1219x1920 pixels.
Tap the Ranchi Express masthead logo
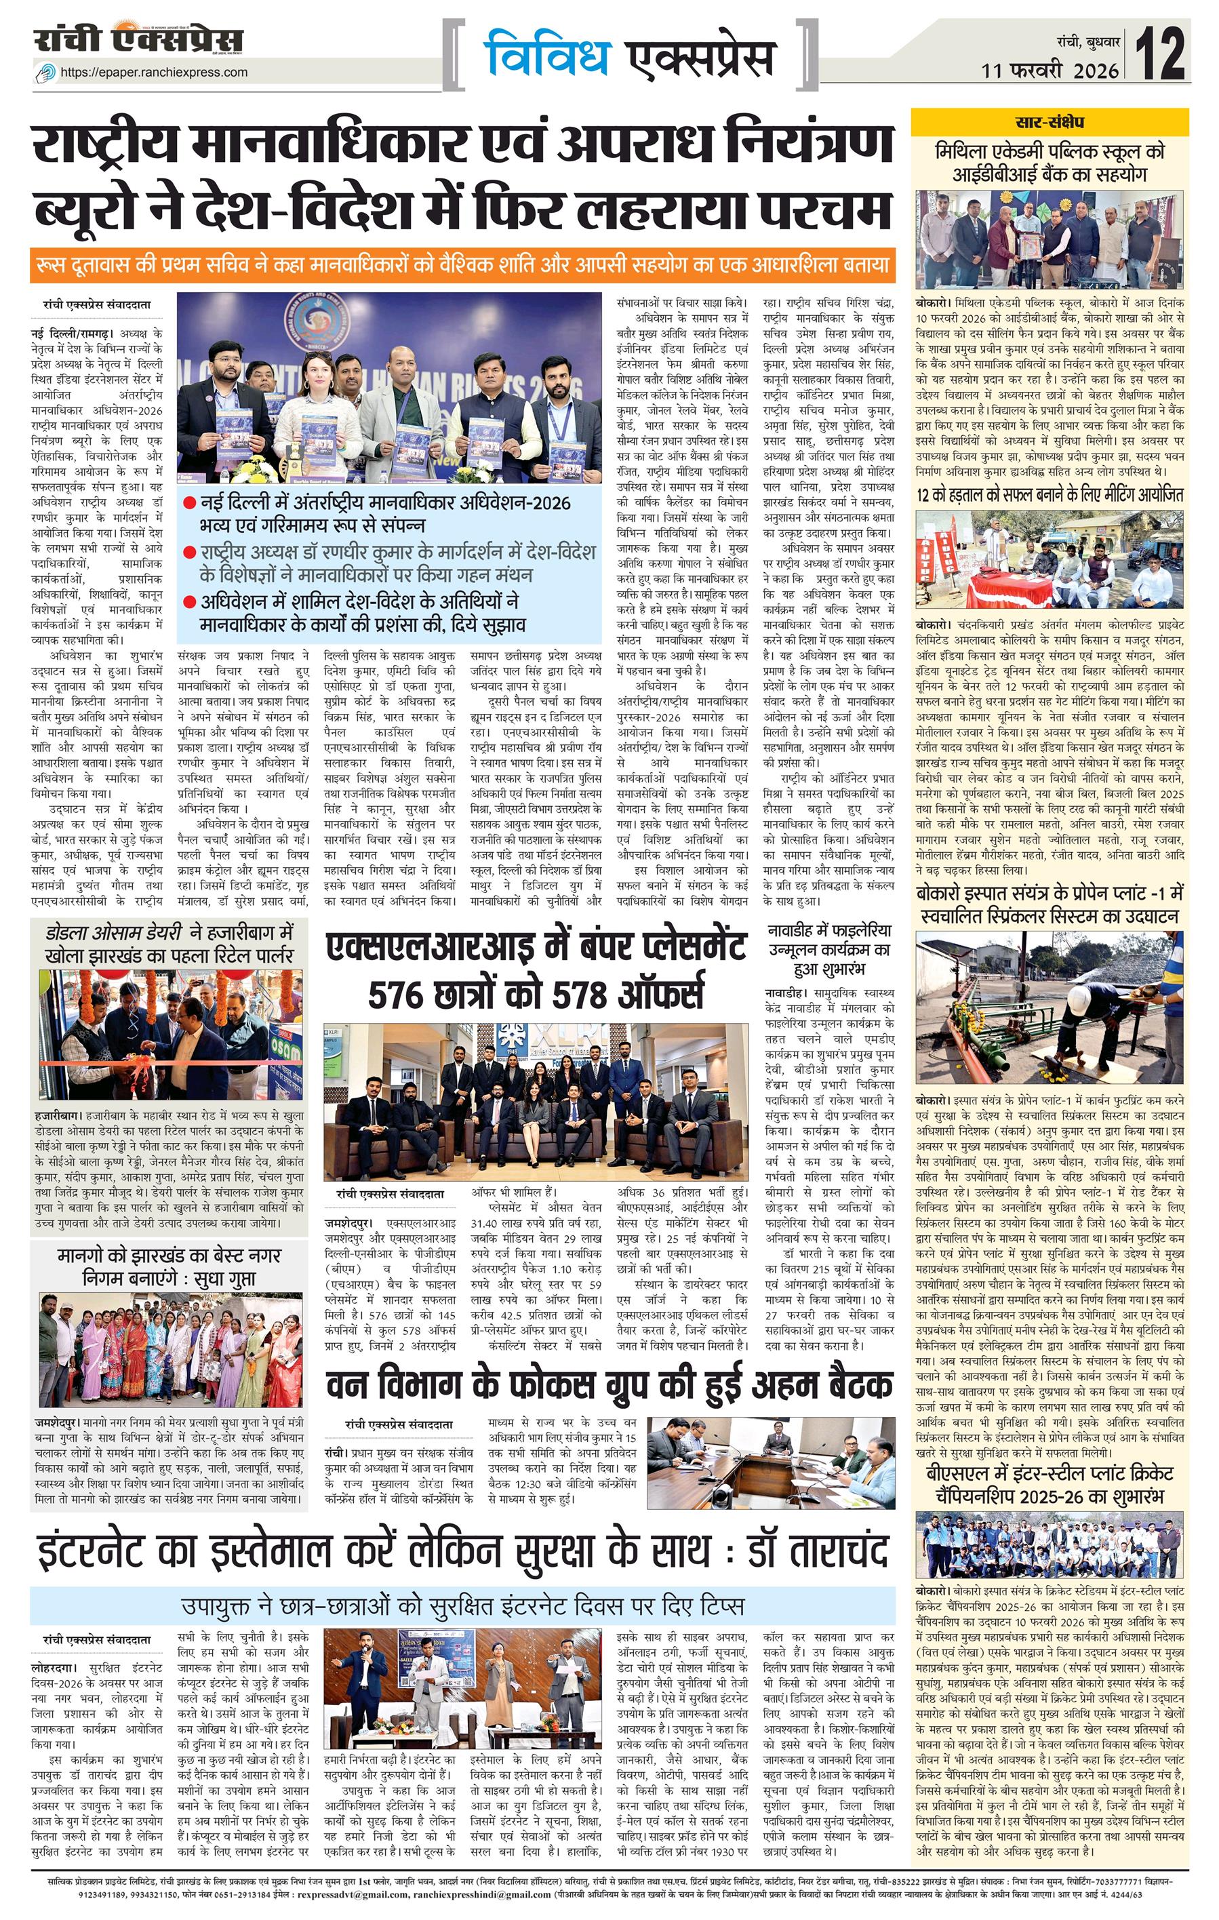point(138,40)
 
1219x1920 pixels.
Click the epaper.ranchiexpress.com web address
point(154,72)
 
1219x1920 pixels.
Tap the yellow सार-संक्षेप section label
point(1050,123)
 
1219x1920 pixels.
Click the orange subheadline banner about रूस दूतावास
point(462,264)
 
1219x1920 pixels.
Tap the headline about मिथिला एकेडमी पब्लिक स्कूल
point(1050,162)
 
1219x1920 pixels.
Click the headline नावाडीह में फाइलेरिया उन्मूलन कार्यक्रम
point(829,949)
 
